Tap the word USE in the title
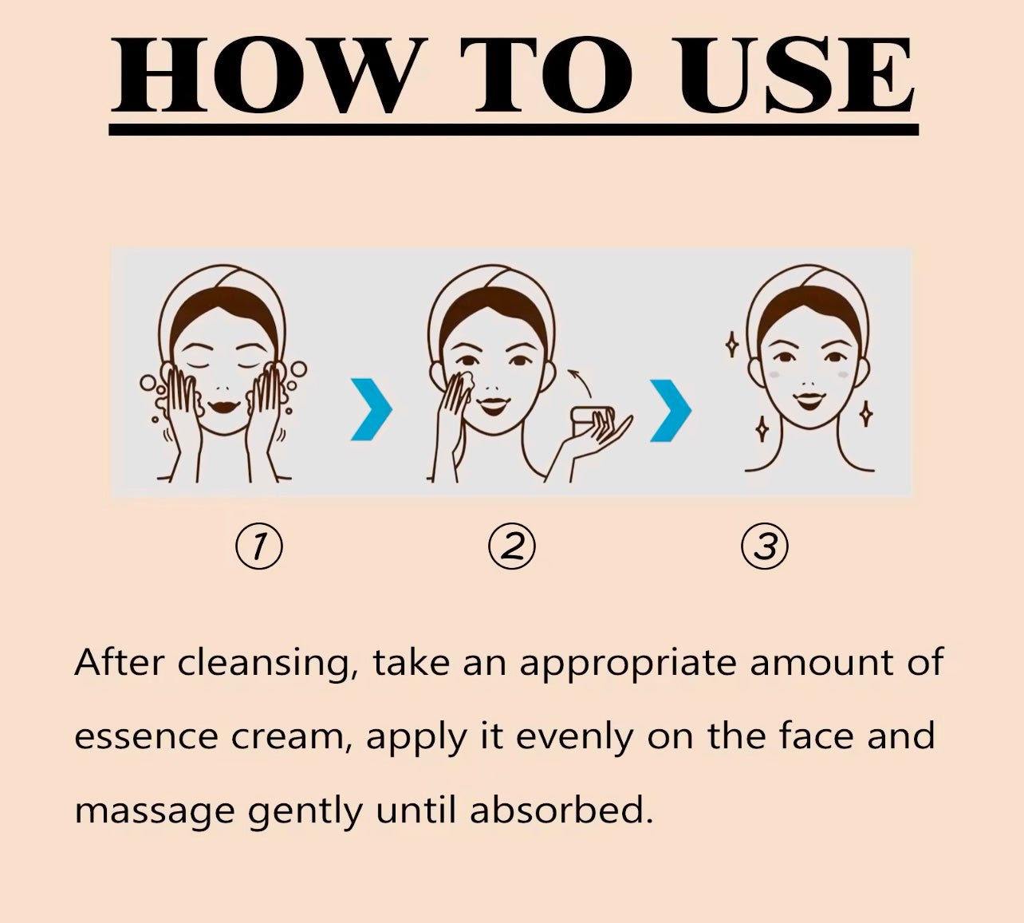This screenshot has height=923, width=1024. [794, 75]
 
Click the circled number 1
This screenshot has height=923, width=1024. [259, 546]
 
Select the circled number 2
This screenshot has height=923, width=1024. [512, 546]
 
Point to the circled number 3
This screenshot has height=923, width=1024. [765, 546]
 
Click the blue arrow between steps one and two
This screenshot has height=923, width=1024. [372, 408]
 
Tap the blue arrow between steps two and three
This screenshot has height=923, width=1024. [671, 410]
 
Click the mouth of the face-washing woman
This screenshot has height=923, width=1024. [223, 407]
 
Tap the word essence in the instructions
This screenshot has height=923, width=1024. [147, 737]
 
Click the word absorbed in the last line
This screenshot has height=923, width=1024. [561, 809]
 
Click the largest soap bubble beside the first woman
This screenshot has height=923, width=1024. [298, 369]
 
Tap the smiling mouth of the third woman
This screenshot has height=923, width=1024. [809, 400]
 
